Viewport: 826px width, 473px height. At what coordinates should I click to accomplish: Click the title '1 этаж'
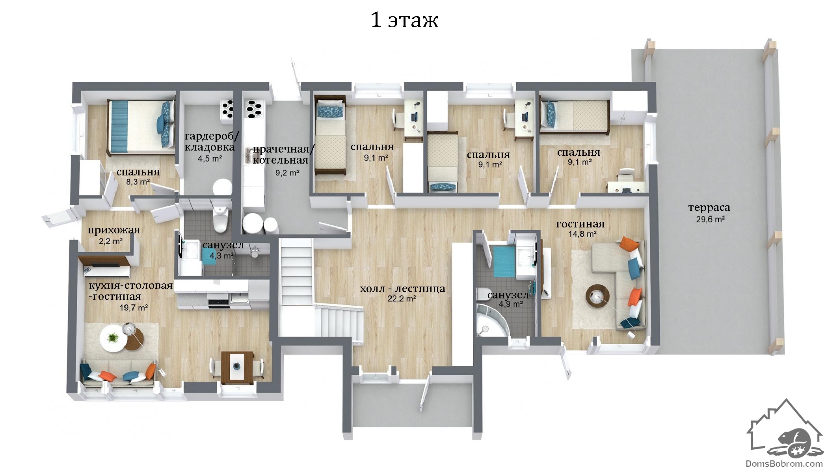coord(404,20)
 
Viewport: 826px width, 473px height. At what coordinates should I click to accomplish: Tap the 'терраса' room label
coord(709,207)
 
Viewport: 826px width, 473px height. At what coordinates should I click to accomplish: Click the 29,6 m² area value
coord(710,220)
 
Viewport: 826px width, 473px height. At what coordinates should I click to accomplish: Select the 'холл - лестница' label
coord(402,289)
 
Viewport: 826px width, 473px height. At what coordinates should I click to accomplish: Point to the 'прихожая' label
coord(113,230)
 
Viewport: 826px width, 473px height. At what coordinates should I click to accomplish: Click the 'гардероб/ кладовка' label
coord(212,142)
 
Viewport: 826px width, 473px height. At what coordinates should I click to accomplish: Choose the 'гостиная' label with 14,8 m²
coord(580,224)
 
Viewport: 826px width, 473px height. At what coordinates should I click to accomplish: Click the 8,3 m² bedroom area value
coord(138,182)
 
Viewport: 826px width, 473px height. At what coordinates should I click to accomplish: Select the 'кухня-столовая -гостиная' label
coord(130,291)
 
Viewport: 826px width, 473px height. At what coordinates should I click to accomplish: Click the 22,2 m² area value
coord(402,299)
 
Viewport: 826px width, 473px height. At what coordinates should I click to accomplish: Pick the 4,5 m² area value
coord(210,159)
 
